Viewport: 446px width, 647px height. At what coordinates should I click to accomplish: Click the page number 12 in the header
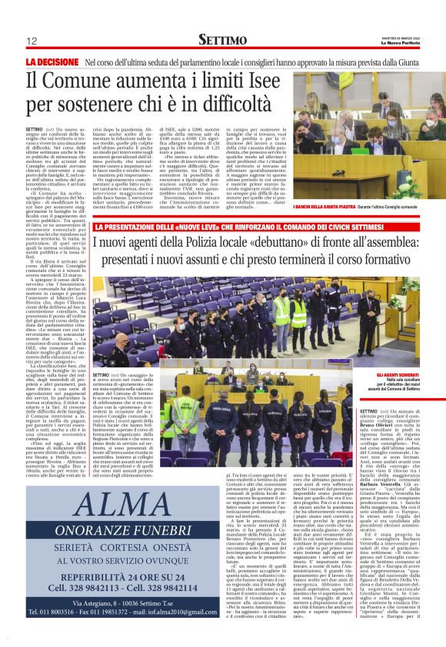[32, 41]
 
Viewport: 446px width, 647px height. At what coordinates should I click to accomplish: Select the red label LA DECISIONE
[52, 61]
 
